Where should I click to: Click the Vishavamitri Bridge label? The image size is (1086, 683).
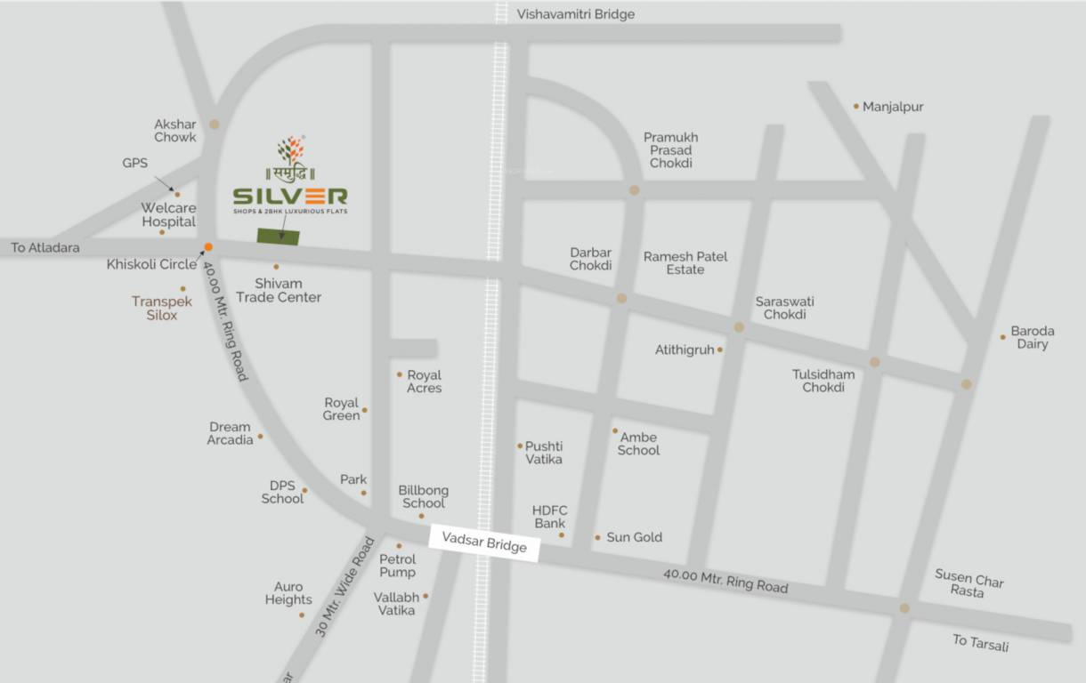(576, 14)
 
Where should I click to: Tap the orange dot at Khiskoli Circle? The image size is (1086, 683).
(208, 247)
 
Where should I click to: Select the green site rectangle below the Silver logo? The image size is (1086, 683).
(279, 236)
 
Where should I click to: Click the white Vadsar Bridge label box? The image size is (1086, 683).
(484, 542)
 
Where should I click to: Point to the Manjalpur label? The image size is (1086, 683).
(893, 107)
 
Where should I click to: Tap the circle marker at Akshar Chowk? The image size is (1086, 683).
(214, 125)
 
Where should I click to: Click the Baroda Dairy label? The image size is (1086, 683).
(1033, 338)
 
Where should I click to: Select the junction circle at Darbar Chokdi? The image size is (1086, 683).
(621, 299)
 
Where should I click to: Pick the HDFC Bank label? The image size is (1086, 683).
(550, 517)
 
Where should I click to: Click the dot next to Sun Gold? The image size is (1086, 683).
(597, 537)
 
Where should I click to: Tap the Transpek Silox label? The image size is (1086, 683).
(156, 308)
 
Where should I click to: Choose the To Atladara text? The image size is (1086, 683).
(45, 248)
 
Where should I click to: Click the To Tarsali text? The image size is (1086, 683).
(981, 642)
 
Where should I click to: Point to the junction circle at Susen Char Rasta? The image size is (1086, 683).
(904, 608)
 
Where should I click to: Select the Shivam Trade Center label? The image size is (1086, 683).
(279, 291)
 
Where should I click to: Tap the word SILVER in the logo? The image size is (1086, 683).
(290, 195)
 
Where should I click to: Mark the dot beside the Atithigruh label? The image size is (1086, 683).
(719, 350)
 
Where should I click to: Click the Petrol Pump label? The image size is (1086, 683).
(397, 566)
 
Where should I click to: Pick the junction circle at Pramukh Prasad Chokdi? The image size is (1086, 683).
(634, 190)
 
